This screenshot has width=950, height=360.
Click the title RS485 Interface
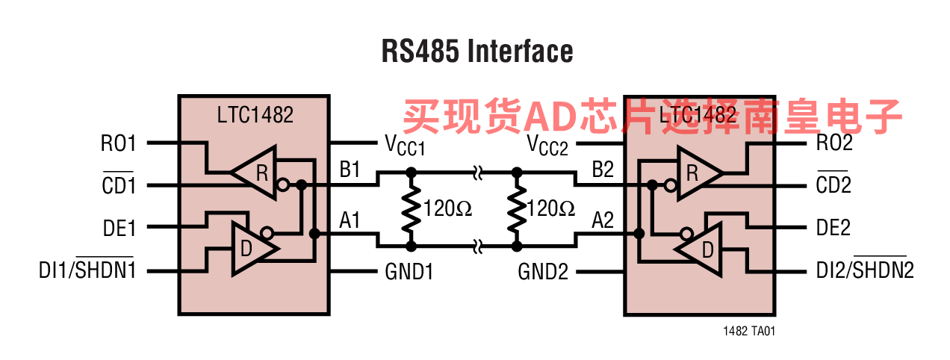coord(477,52)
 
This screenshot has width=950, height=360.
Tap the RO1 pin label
coord(118,143)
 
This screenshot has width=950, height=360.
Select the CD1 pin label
coord(119,185)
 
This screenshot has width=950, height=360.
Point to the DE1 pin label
coord(119,228)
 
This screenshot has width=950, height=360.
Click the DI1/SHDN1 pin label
coord(87,270)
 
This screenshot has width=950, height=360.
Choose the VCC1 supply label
coord(404,145)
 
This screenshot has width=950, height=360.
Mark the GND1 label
coord(409,271)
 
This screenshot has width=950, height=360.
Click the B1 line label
coord(350,170)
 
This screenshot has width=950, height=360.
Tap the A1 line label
coord(350,220)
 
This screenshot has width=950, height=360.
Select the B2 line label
coord(603,170)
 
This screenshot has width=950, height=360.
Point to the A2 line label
coord(603,220)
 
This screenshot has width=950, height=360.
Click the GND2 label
coord(543,271)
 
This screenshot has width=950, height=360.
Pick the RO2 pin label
coord(833,143)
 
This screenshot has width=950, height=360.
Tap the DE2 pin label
coord(833,228)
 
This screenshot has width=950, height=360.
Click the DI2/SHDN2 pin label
coord(865,270)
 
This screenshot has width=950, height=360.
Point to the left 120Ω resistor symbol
coord(410,208)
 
